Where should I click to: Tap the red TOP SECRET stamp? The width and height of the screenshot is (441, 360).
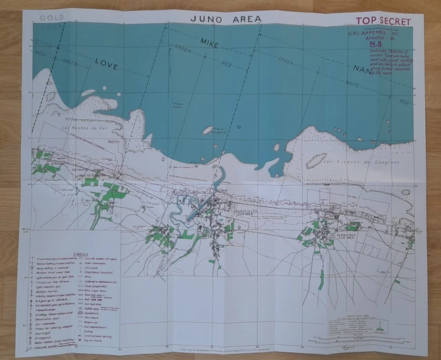pyautogui.click(x=378, y=21)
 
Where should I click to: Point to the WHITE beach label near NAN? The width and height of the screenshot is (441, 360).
pyautogui.click(x=391, y=90)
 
